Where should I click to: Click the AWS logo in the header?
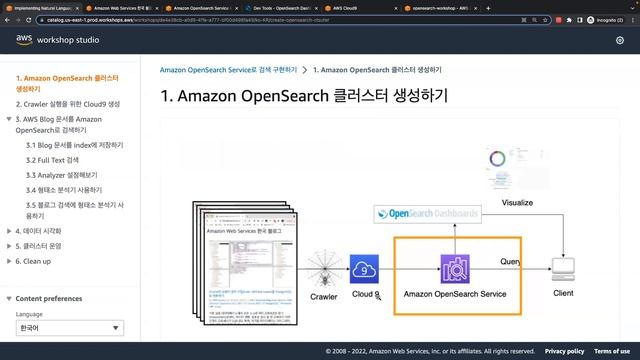[24, 40]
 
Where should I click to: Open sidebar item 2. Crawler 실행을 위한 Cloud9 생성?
[67, 104]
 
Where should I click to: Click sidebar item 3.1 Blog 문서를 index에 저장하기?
[74, 145]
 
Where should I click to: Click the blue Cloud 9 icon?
[364, 268]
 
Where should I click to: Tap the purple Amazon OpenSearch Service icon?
[455, 268]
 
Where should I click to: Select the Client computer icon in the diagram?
[563, 267]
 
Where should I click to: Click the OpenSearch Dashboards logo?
[426, 213]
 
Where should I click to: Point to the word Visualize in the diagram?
[517, 202]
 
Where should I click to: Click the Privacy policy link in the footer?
[564, 351]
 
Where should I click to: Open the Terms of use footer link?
[612, 351]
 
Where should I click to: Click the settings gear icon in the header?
[620, 40]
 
